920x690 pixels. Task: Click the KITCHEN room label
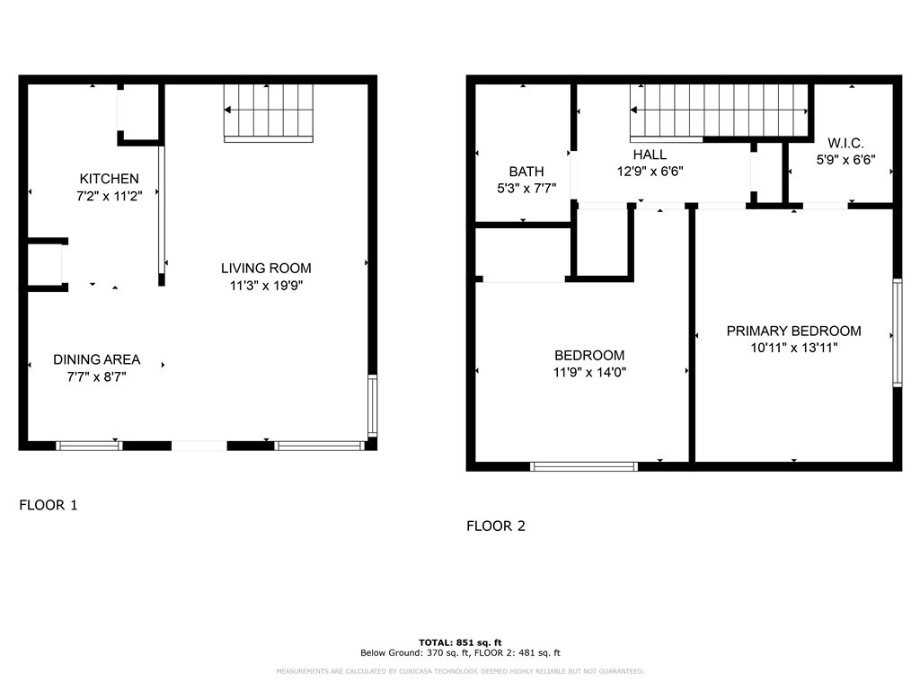[x=109, y=179]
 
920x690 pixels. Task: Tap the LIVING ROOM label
[x=266, y=268]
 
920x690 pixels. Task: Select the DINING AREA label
[x=97, y=359]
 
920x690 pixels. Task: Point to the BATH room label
[x=526, y=172]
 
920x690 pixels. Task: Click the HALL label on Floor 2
[x=650, y=155]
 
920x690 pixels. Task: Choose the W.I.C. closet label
[x=845, y=143]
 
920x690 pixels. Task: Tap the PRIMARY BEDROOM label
[x=794, y=331]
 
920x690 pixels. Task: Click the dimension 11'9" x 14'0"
[x=589, y=372]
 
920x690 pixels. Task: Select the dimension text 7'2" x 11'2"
[x=109, y=196]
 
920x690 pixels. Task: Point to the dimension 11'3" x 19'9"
[x=266, y=286]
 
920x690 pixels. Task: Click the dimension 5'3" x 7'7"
[x=526, y=189]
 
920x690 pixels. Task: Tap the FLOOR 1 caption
[x=49, y=505]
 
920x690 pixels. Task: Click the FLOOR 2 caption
[x=496, y=526]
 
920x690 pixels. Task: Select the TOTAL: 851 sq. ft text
[x=460, y=642]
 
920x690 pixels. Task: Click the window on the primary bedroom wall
[x=898, y=332]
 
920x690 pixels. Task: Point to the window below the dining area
[x=89, y=446]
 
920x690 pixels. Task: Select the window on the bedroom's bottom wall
[x=584, y=467]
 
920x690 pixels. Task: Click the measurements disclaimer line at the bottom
[x=460, y=671]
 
